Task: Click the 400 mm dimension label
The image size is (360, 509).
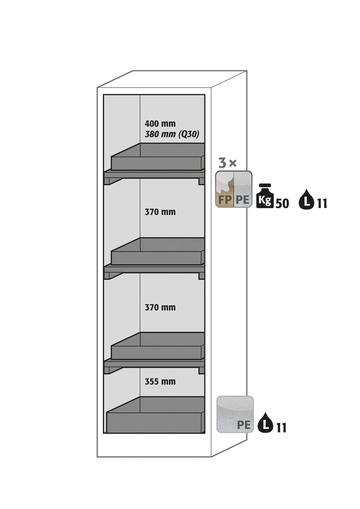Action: click(160, 124)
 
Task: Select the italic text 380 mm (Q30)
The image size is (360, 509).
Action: click(172, 135)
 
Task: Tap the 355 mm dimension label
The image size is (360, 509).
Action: click(160, 382)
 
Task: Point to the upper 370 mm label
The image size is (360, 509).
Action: click(160, 212)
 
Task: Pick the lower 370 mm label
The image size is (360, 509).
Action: click(160, 307)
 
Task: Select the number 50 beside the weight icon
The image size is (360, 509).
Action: click(282, 204)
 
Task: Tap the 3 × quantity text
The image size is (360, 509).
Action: click(228, 164)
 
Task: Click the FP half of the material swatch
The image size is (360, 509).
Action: click(225, 189)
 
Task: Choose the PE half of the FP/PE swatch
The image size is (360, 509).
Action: click(243, 189)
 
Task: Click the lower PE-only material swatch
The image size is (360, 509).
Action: click(235, 414)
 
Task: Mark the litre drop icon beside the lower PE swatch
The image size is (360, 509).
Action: click(265, 422)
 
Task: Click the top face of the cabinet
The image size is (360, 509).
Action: click(172, 79)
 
